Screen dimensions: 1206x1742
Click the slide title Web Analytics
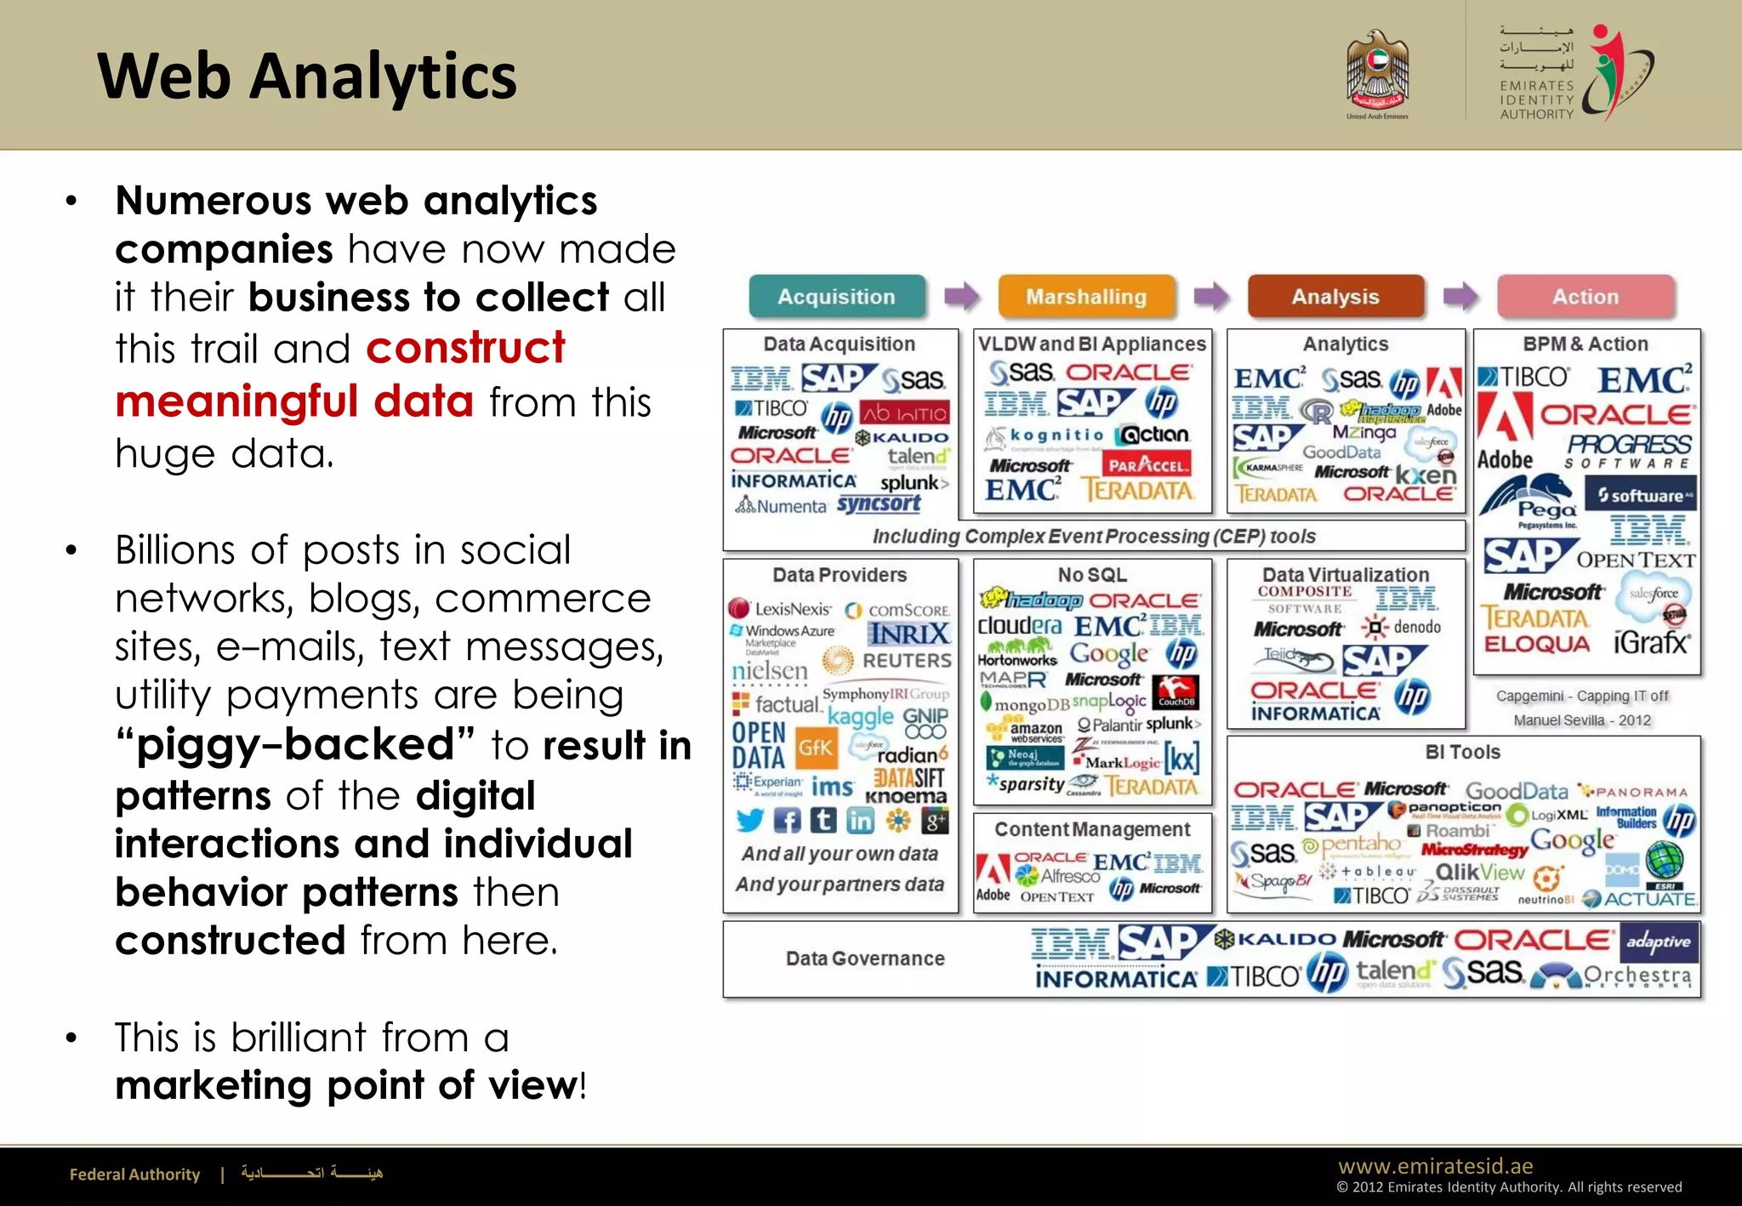click(306, 77)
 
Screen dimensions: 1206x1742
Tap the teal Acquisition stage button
click(836, 297)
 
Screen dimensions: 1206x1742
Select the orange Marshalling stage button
click(1086, 297)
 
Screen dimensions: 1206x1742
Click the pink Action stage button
click(1585, 297)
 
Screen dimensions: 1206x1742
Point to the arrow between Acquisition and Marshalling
click(962, 297)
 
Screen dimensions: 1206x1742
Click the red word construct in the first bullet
click(465, 348)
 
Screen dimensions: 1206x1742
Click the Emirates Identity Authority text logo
click(1537, 100)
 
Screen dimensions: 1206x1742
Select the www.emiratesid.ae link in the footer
click(1435, 1166)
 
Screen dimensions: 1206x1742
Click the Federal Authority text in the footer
click(134, 1175)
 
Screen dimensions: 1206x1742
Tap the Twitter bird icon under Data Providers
click(749, 820)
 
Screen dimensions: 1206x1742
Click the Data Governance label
click(865, 959)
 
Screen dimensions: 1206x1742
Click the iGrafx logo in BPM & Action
click(1651, 642)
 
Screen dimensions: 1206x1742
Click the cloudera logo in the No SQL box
click(1019, 626)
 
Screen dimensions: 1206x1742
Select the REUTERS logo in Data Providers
click(906, 661)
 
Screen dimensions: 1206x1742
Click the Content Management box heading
click(1092, 829)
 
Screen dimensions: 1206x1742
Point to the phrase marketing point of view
click(346, 1086)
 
